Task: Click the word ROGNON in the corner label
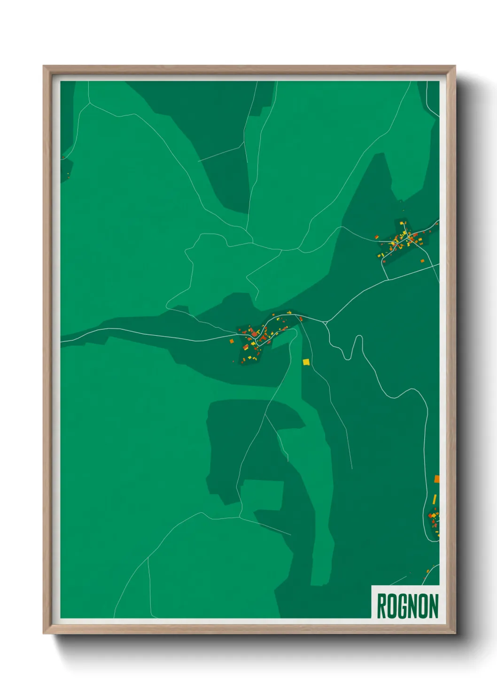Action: point(407,606)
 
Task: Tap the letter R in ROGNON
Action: point(381,606)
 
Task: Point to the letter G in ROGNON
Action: point(402,606)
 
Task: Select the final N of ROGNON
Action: point(434,606)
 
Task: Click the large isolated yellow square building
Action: point(306,362)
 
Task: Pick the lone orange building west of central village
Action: point(231,341)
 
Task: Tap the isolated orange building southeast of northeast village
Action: point(422,261)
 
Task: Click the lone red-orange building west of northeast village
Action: point(377,237)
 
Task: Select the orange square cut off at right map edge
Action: point(437,479)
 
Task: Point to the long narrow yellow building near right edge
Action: point(435,499)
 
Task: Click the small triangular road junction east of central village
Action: point(326,323)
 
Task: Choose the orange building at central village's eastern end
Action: point(301,318)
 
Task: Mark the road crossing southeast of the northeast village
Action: point(388,279)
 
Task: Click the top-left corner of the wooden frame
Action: point(44,66)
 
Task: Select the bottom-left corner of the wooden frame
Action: point(44,633)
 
